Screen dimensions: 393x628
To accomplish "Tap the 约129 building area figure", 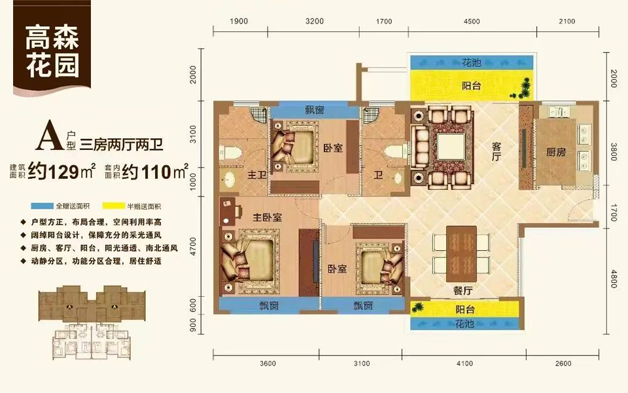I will click(63, 172).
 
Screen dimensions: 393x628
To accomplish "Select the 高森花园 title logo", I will click(52, 52).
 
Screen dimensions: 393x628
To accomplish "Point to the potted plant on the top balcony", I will click(526, 86).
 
